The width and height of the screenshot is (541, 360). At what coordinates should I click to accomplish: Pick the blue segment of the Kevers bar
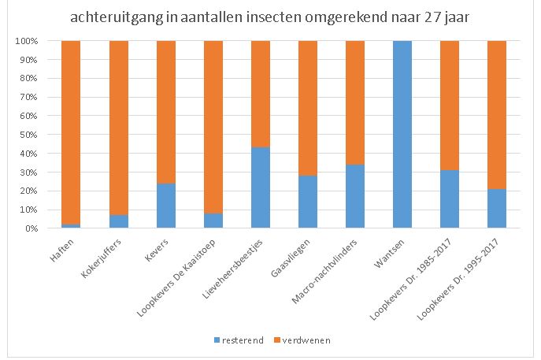[165, 206]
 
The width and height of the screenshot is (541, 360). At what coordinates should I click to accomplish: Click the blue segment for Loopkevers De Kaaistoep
[213, 221]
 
